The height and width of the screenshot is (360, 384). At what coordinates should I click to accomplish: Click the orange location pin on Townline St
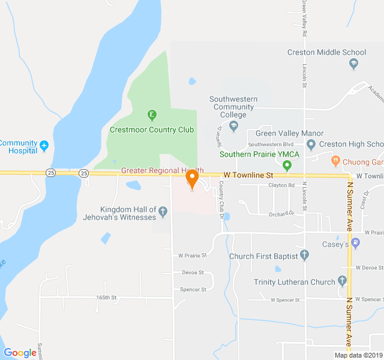coord(192,179)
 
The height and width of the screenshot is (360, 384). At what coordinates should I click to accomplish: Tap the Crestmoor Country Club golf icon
coord(152,115)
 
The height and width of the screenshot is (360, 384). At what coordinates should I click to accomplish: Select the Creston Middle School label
coord(326,52)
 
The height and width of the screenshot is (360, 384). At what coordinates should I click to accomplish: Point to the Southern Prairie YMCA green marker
coord(287,165)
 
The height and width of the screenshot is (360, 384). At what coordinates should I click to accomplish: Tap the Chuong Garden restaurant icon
coord(336,161)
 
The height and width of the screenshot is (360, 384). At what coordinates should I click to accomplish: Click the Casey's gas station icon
coord(356,243)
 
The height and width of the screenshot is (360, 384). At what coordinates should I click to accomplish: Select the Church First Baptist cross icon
coord(305,256)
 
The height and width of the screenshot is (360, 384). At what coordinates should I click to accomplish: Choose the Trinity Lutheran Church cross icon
coord(342,280)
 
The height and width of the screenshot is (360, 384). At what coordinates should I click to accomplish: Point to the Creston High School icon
coord(311,145)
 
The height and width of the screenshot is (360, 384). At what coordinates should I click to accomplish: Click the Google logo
coord(20,353)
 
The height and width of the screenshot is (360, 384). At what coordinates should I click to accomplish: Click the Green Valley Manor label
coord(289,133)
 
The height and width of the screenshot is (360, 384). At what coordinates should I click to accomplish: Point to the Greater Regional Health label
coord(162,170)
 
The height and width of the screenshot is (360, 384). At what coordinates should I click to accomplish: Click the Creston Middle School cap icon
coord(354,63)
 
